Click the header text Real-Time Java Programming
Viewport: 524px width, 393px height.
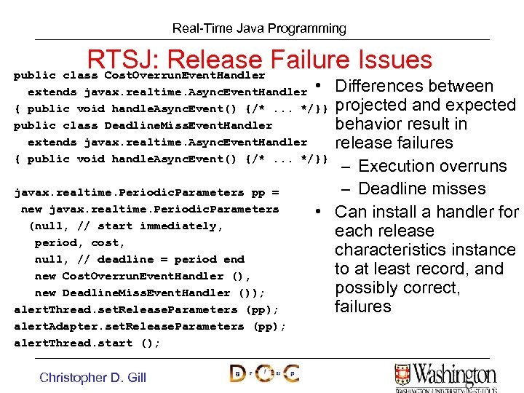[x=259, y=29]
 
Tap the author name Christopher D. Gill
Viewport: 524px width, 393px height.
[x=92, y=377]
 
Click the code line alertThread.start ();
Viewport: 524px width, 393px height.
[x=87, y=343]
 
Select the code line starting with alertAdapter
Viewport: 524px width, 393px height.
[x=150, y=326]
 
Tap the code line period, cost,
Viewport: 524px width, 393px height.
[x=80, y=242]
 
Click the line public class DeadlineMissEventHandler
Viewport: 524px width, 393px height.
[x=143, y=125]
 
